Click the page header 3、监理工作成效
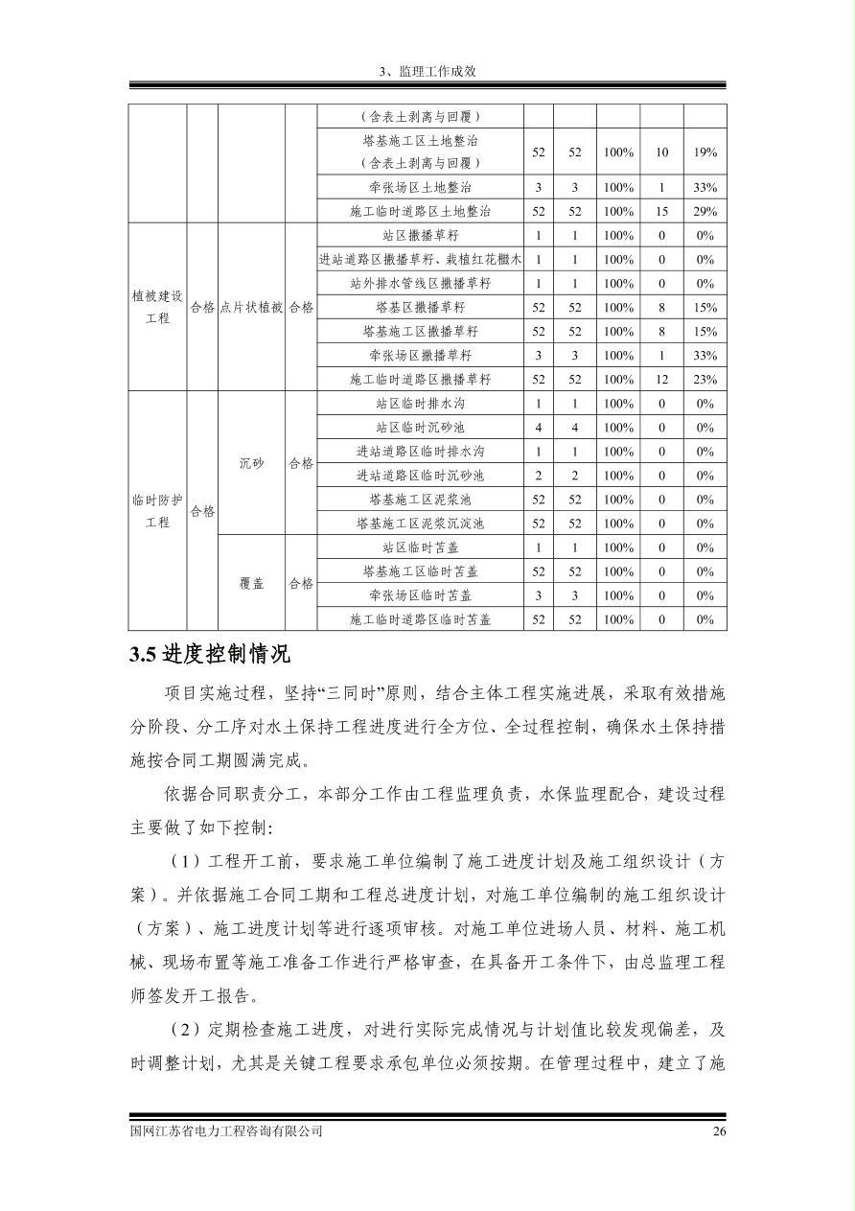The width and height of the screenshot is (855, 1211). coord(427,71)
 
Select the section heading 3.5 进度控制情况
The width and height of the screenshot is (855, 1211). coord(210,656)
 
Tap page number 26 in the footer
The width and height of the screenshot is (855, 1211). coord(720,1131)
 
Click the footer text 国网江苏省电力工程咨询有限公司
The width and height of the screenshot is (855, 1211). coord(226,1131)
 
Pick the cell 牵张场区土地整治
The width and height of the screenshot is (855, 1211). coord(420,188)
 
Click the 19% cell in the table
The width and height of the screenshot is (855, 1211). coord(705,152)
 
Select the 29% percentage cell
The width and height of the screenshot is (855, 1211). coord(705,212)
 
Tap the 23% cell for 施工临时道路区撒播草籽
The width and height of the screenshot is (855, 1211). coord(705,380)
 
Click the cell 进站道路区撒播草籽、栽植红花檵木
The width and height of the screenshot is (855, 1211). coord(420,260)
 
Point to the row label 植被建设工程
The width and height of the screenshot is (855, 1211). coord(157,308)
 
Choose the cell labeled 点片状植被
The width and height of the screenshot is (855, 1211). coord(251,308)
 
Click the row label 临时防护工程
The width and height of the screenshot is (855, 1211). coord(157,512)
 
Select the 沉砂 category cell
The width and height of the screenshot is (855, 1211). coord(251,464)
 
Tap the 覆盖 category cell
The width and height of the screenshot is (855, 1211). coord(251,584)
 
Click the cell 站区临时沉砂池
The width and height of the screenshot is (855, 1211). coord(420,428)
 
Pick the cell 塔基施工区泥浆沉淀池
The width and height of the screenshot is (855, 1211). coord(420,524)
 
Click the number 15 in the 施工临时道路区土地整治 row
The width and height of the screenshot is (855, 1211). coord(661,212)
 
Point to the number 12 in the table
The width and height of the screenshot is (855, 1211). coord(661,380)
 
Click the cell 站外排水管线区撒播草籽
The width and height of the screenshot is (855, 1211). coord(420,284)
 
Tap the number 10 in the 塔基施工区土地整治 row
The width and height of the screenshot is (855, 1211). coord(661,152)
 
